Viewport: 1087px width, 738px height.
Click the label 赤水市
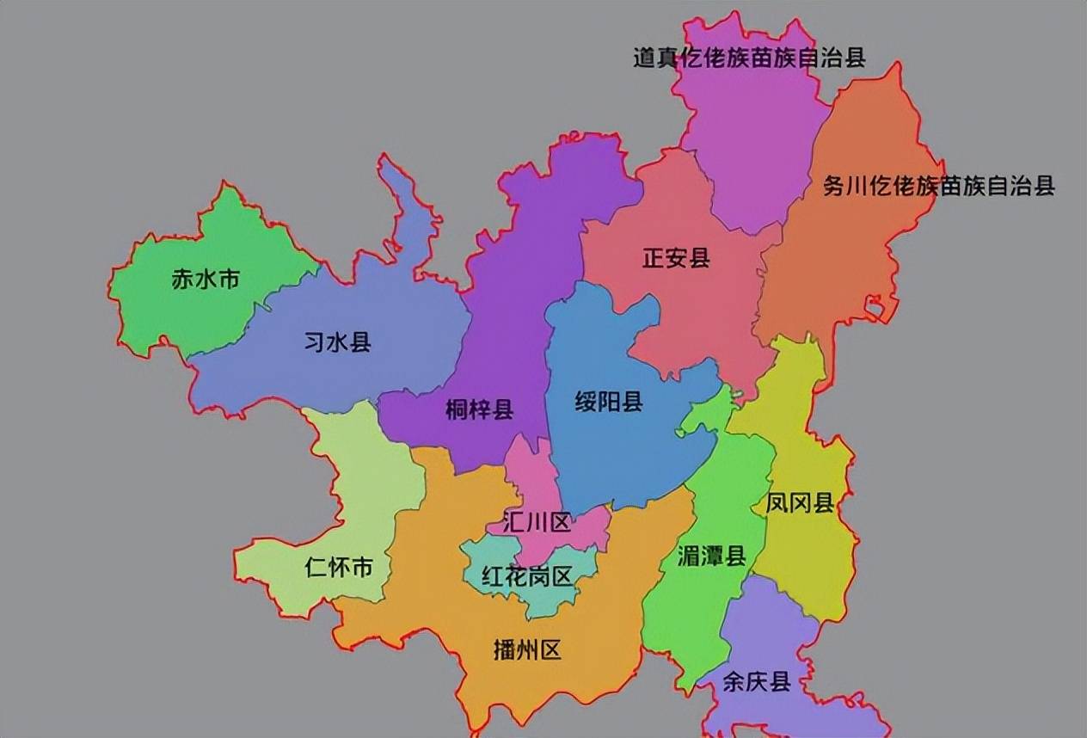[205, 280]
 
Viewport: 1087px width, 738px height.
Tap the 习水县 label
[337, 342]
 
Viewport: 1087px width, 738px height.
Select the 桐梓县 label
[479, 410]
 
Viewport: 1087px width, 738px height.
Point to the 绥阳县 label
[609, 402]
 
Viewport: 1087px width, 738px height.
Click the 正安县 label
[676, 258]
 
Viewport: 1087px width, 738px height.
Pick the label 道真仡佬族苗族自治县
[749, 58]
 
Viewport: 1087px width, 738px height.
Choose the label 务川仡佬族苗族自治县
[938, 186]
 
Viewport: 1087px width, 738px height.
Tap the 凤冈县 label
[800, 503]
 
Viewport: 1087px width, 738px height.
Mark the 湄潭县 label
[711, 557]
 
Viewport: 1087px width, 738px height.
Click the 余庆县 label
[756, 682]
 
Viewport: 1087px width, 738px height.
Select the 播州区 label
[527, 649]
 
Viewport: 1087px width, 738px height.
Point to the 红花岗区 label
[527, 576]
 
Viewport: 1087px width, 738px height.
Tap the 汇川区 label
[537, 522]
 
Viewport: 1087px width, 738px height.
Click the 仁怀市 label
[339, 568]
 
